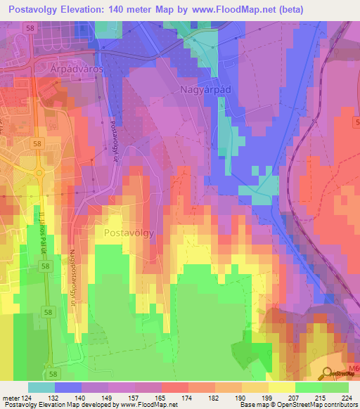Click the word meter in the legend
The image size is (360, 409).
(11, 397)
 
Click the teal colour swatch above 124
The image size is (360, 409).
(41, 387)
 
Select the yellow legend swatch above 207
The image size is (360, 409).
(281, 387)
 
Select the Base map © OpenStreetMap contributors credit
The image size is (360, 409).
(298, 405)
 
